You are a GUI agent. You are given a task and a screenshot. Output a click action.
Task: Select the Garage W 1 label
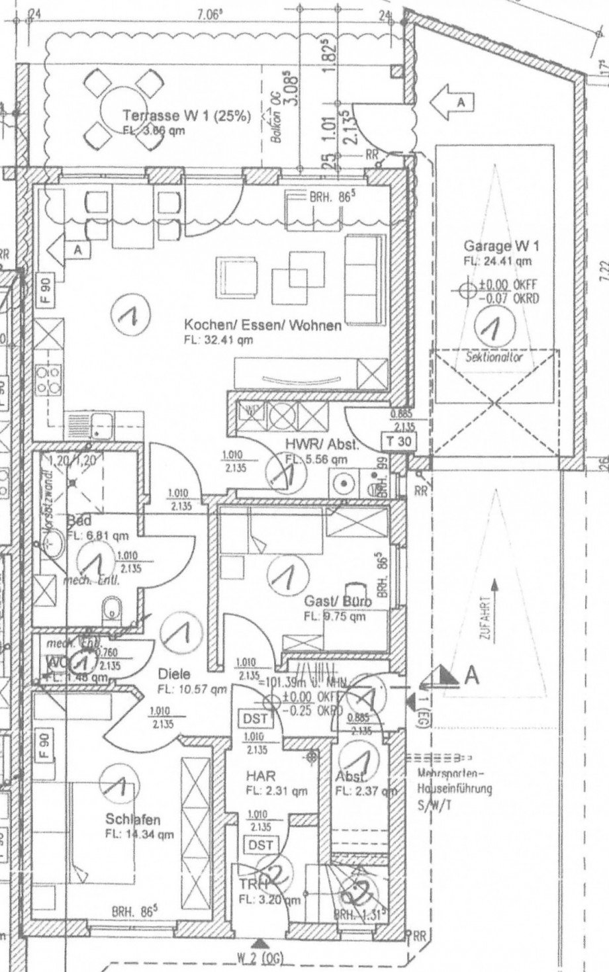pos(501,247)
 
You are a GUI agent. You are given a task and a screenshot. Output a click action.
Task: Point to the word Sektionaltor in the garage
pos(494,357)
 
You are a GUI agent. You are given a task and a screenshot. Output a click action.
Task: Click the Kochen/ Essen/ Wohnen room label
pos(262,325)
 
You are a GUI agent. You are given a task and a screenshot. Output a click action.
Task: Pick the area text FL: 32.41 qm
pos(218,340)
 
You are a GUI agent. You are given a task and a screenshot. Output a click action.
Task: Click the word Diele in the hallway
pos(174,674)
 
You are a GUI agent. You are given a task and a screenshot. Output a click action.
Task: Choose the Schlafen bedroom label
pos(132,820)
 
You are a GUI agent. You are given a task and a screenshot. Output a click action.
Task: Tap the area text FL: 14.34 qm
pos(139,834)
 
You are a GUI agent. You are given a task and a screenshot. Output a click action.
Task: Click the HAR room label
pos(260,775)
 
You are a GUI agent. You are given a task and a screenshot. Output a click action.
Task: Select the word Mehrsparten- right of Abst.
pos(451,773)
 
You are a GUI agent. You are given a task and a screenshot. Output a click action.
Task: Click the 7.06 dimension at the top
pos(209,11)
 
